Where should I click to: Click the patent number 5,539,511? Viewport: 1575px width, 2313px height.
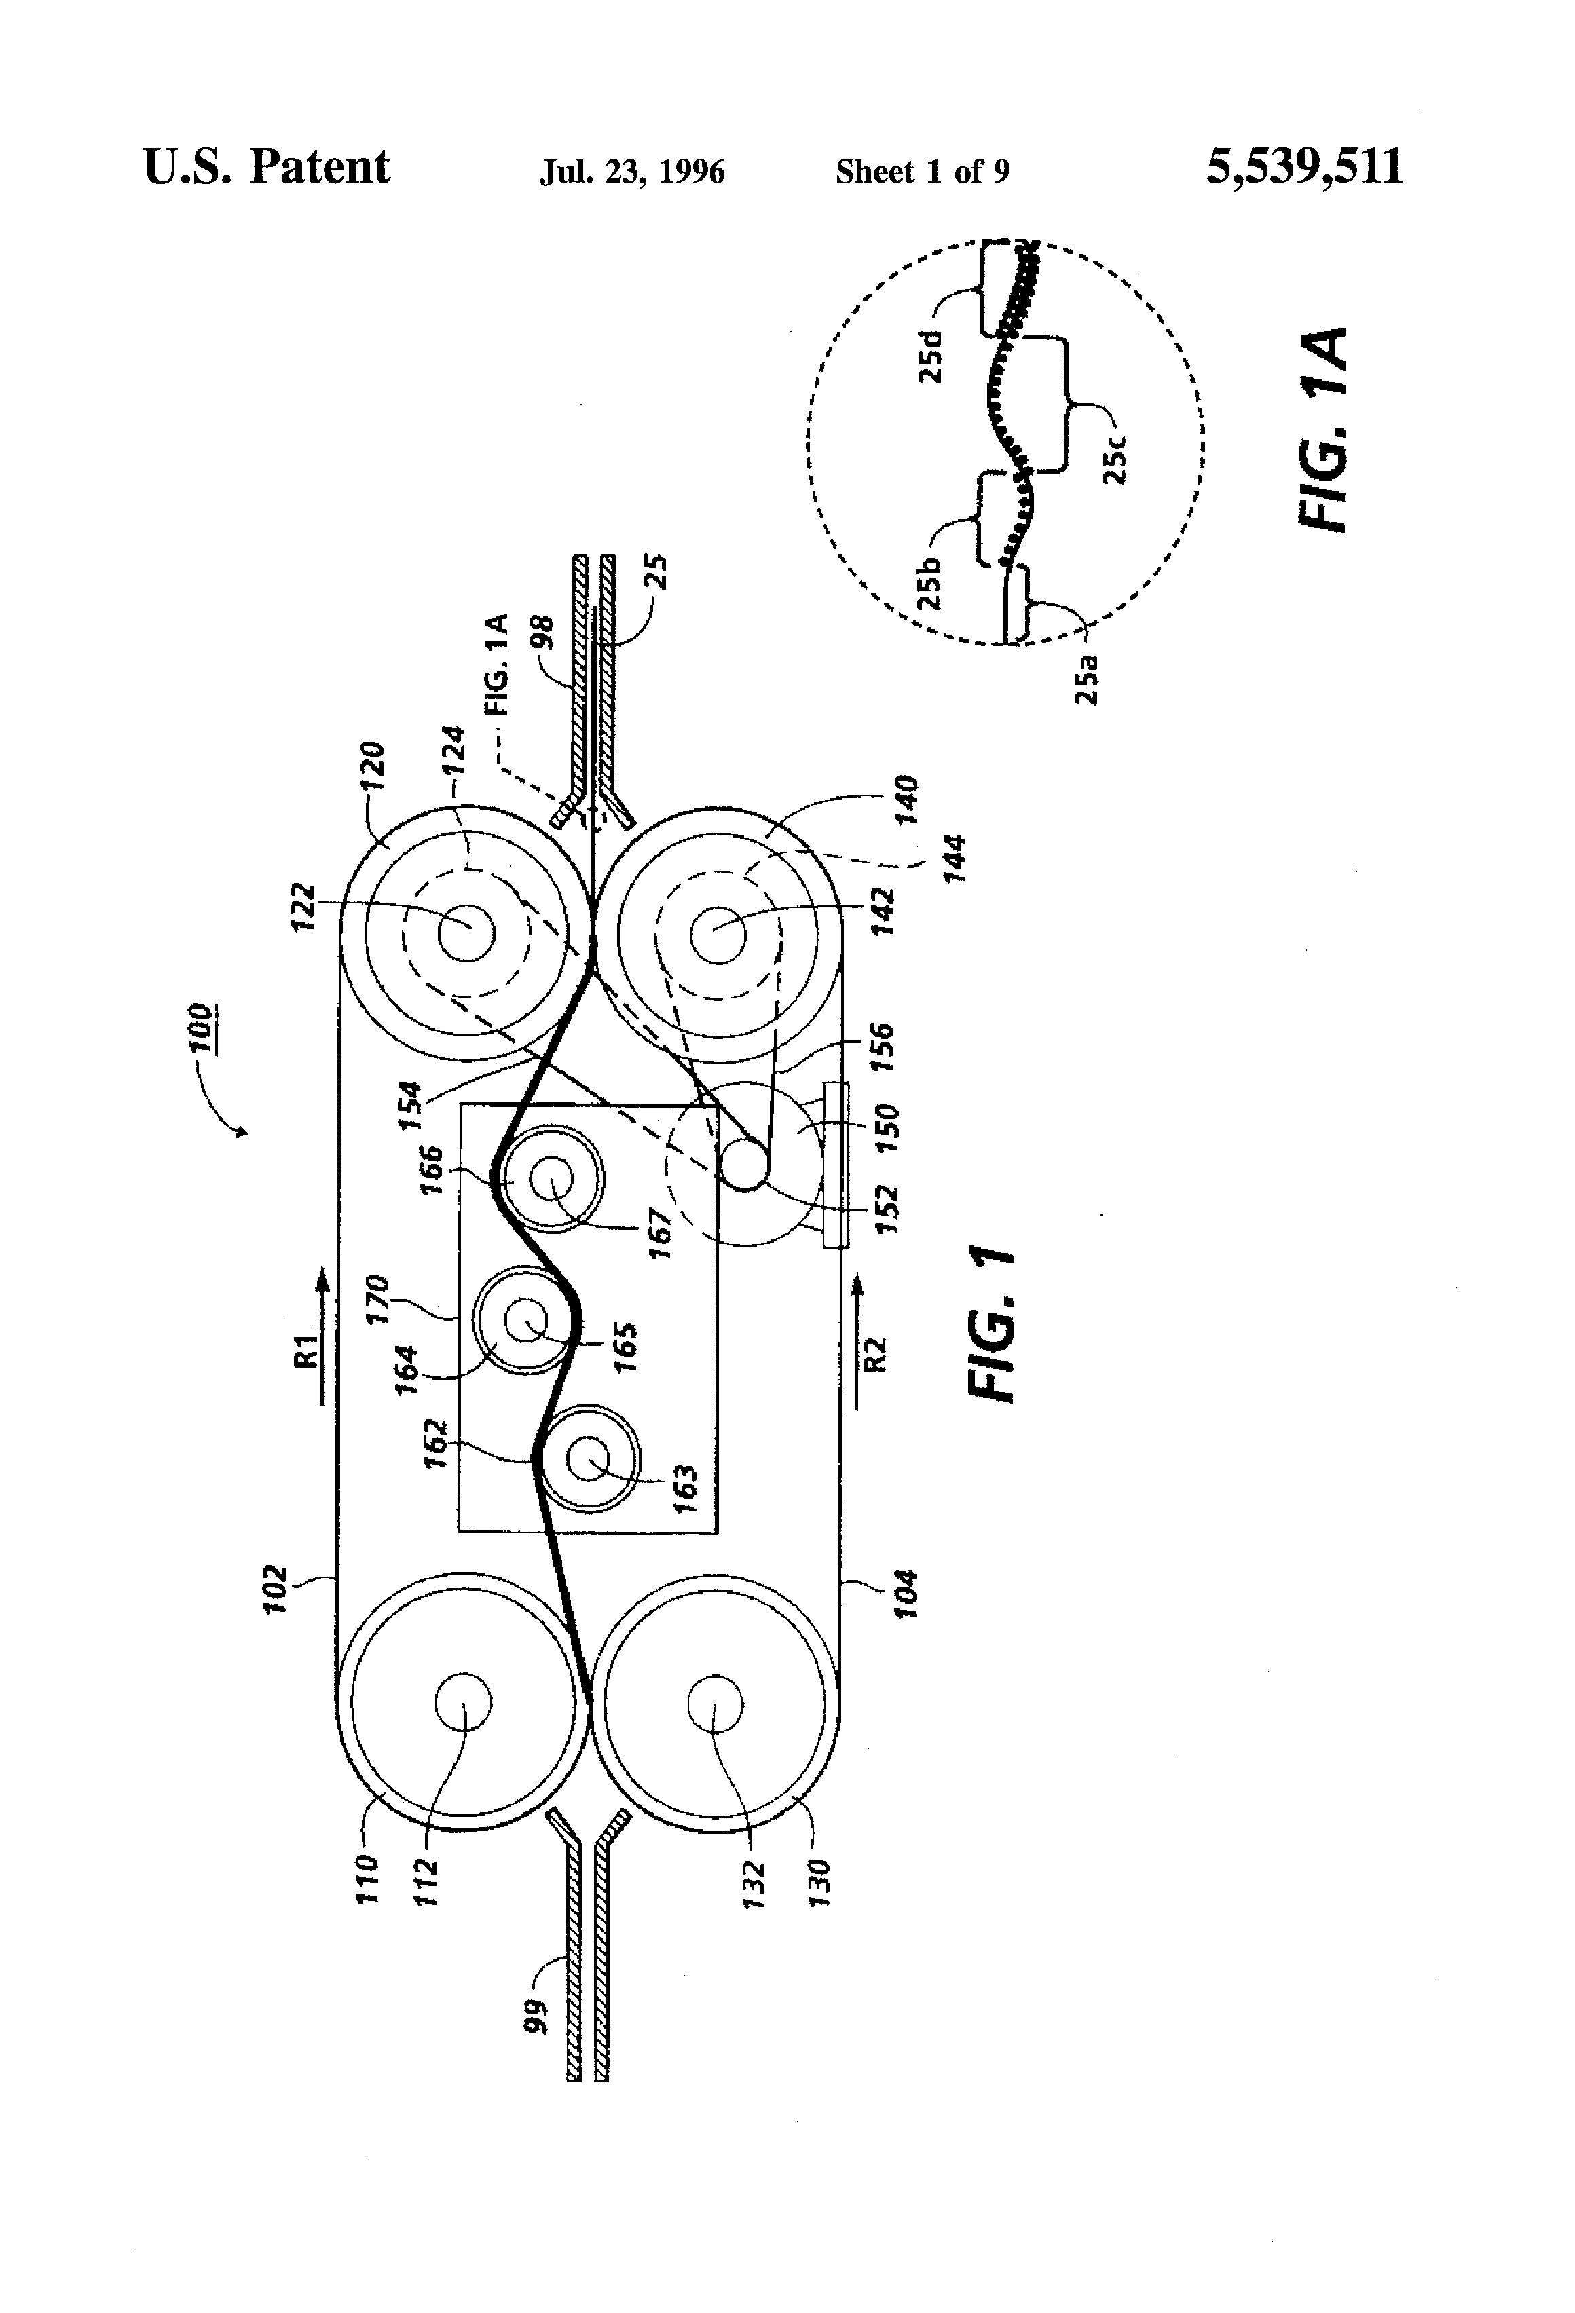1304,167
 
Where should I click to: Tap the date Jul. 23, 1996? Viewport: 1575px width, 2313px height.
632,172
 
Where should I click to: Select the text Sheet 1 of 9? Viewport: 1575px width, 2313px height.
922,172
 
